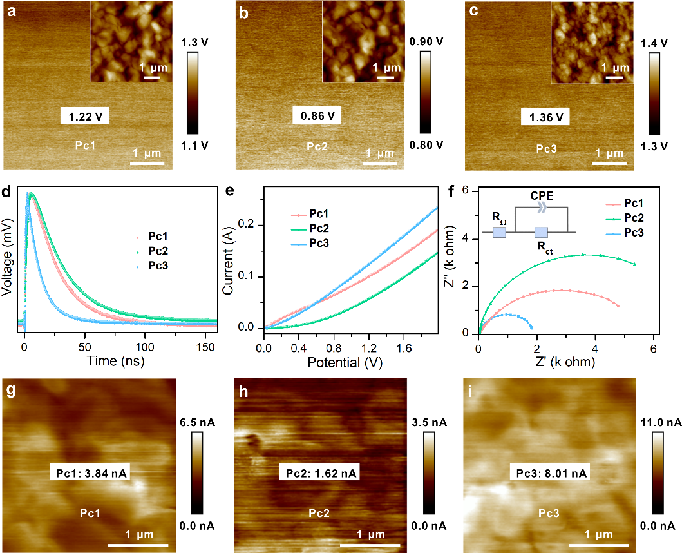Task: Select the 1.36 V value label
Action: click(545, 117)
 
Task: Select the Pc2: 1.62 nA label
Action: click(318, 474)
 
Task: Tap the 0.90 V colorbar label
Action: click(427, 42)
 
